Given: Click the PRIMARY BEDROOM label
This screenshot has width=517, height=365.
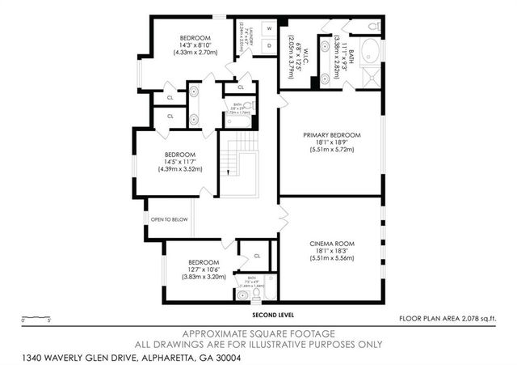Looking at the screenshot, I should point(331,134).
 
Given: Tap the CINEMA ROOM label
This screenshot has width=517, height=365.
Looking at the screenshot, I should point(331,244).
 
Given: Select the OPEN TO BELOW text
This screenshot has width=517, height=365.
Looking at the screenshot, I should point(169,219).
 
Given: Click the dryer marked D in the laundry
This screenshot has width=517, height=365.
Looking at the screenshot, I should point(270,45).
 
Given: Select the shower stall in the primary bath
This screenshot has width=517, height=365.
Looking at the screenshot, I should point(372,77).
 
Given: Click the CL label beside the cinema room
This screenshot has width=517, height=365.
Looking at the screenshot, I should point(257,256).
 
